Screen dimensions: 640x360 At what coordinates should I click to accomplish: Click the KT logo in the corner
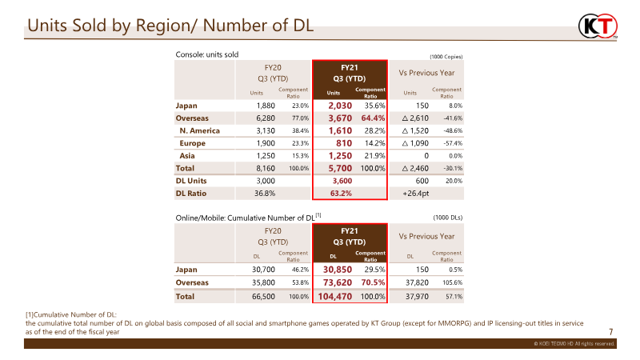click(598, 26)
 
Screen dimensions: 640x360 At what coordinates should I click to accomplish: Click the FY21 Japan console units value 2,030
click(340, 106)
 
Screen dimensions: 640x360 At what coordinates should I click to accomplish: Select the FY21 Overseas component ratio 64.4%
click(373, 118)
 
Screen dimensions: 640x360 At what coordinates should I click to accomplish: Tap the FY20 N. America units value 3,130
click(266, 130)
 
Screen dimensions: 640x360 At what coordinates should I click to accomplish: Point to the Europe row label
click(192, 143)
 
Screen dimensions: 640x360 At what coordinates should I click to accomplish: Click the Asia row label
click(187, 156)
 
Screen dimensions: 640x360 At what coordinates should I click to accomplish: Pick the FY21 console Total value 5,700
click(340, 168)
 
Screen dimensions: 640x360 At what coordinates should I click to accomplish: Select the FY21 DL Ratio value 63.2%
click(341, 194)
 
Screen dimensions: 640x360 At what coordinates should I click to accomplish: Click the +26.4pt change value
click(415, 194)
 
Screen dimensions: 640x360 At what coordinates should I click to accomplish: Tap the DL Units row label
click(191, 181)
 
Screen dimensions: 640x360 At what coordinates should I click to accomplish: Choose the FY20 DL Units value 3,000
click(266, 181)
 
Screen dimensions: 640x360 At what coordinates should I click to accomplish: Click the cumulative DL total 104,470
click(334, 297)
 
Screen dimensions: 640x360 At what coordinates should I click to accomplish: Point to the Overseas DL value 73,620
click(338, 282)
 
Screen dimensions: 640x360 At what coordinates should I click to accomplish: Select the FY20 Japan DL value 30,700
click(263, 270)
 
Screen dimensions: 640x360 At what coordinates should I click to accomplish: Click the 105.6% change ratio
click(452, 282)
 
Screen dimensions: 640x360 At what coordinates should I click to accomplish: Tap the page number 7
click(611, 332)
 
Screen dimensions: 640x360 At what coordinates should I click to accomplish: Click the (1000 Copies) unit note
click(446, 57)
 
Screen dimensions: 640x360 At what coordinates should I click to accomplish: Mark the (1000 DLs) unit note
click(448, 218)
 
